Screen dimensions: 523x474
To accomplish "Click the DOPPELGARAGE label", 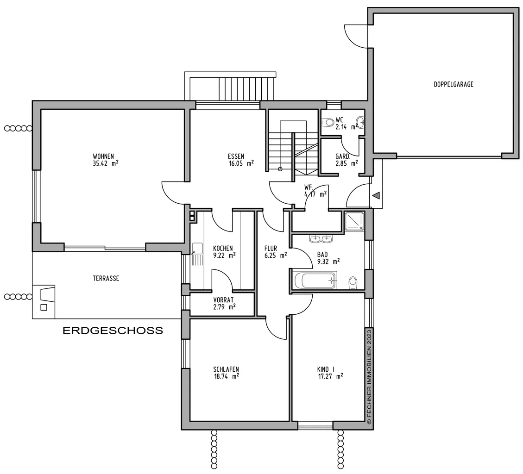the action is (x=454, y=84).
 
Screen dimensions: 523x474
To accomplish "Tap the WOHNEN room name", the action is (x=103, y=156).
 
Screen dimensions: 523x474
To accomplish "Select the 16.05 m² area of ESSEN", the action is (x=241, y=163).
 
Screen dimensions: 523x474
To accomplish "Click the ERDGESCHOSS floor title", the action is (x=113, y=331).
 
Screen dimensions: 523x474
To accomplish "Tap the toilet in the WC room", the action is (x=328, y=122).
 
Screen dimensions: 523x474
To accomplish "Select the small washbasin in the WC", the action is (x=360, y=121).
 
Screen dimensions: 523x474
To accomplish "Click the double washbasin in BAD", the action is (x=321, y=239).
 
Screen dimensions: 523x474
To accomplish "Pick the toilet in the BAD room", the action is (x=353, y=283).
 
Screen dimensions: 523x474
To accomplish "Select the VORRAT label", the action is (x=223, y=300).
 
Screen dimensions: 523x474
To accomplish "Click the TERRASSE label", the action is (x=106, y=278).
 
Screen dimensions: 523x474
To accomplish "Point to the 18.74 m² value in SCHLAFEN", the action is (x=226, y=376).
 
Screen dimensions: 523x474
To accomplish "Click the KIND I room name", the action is (x=326, y=369).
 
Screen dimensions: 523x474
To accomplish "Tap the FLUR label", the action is (x=271, y=248).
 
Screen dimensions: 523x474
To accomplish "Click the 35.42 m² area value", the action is (x=106, y=163).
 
